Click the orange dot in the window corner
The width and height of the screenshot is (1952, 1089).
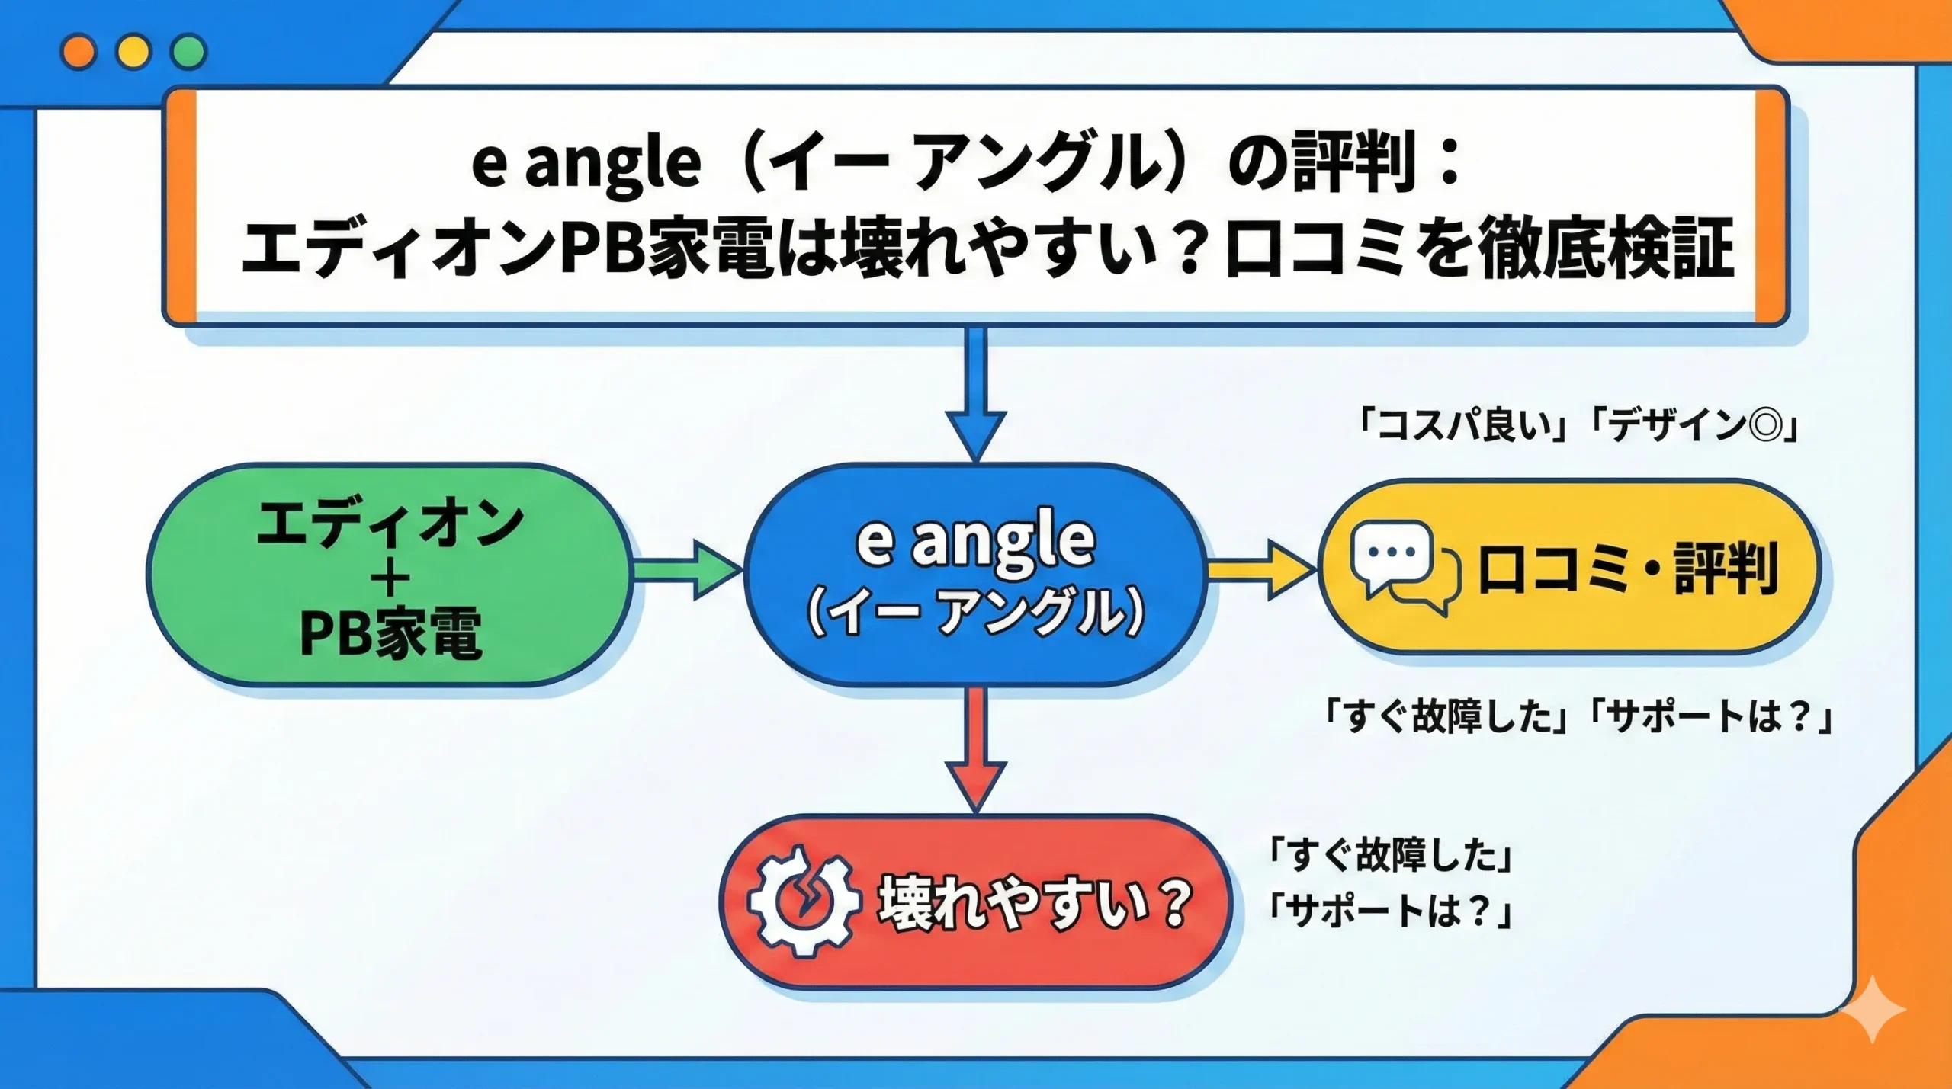tap(78, 52)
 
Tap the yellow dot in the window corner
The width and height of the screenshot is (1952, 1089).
tap(133, 52)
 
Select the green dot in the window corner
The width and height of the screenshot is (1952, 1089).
tap(189, 52)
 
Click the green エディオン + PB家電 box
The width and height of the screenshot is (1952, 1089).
tap(389, 575)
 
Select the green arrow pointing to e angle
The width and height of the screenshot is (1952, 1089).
tap(686, 570)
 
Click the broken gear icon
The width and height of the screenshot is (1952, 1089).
tap(803, 902)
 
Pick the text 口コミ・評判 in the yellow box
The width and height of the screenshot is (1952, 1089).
tap(1628, 568)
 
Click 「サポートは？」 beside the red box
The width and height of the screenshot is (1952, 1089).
tap(1389, 911)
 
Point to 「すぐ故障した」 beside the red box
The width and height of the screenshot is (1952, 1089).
tap(1389, 856)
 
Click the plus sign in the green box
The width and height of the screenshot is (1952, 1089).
tap(390, 580)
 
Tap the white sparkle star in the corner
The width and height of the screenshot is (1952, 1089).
tap(1873, 1010)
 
